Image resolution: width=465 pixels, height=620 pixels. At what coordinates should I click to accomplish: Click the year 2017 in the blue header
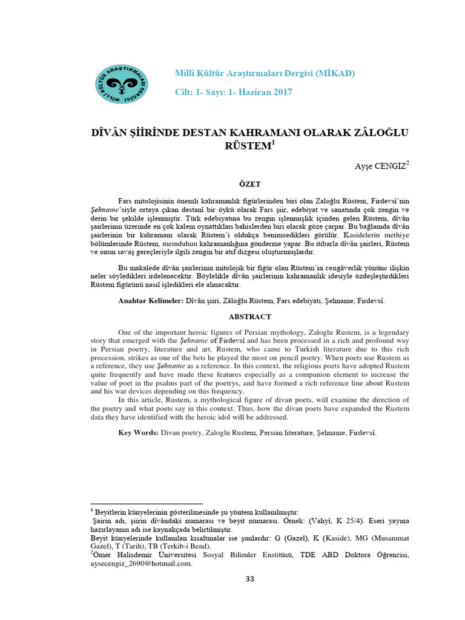tap(281, 92)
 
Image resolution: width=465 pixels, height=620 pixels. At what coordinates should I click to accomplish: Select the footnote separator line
tap(146, 504)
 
